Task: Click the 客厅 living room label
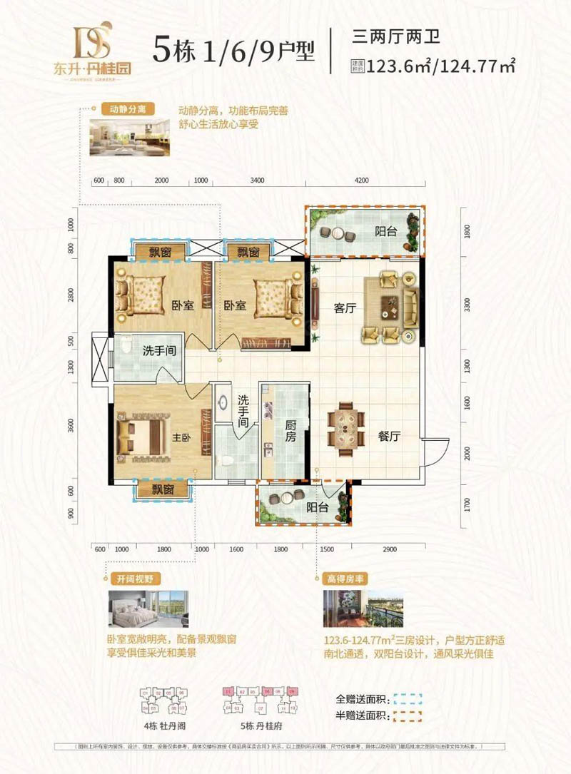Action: pyautogui.click(x=345, y=308)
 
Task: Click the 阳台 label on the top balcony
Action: pyautogui.click(x=386, y=231)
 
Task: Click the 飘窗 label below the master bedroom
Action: pyautogui.click(x=163, y=489)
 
